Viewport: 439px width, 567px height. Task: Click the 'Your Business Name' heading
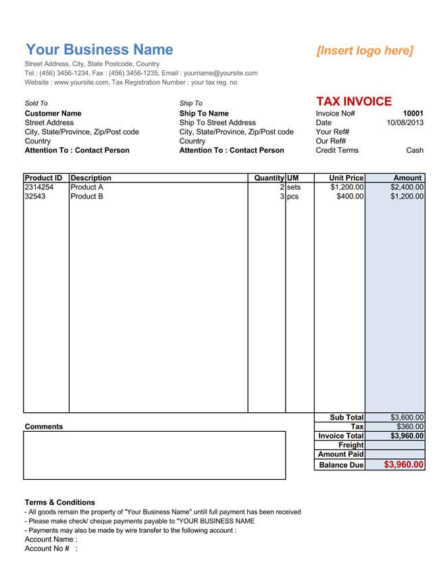tap(99, 49)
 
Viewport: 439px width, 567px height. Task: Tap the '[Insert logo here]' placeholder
tap(365, 51)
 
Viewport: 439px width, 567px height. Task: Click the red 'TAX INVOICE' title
tap(353, 101)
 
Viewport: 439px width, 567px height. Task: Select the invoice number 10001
tap(413, 114)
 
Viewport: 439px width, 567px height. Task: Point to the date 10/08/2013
tap(405, 123)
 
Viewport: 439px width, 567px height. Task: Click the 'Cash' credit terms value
tap(415, 151)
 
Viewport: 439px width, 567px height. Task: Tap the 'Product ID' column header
tap(43, 178)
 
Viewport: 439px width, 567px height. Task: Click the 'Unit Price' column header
tap(346, 178)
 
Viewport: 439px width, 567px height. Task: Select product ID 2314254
tap(38, 187)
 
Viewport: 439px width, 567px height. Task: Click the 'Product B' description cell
tap(87, 197)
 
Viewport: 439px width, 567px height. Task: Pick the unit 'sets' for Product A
tap(294, 187)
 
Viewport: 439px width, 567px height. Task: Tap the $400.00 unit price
tap(350, 197)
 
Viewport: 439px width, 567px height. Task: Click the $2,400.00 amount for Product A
tap(407, 187)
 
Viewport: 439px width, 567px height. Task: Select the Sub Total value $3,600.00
tap(407, 418)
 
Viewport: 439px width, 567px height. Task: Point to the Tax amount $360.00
tap(411, 427)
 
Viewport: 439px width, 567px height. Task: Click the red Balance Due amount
tap(404, 465)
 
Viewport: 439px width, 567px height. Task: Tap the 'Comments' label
tap(43, 426)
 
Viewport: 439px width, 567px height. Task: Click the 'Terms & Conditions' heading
tap(59, 503)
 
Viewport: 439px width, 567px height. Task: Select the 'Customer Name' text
tap(53, 114)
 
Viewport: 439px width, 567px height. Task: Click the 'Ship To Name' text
tap(204, 114)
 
